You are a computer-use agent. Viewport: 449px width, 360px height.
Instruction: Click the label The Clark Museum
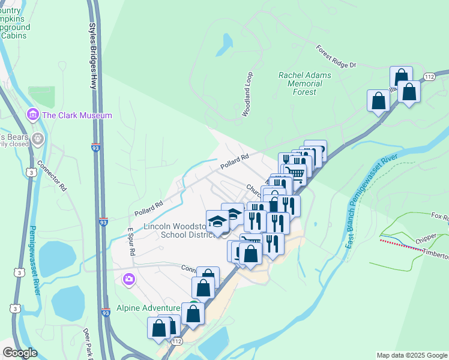[77, 115]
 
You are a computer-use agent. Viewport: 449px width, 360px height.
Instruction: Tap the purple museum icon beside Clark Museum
[33, 115]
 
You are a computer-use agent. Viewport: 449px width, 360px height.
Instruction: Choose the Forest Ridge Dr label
[336, 56]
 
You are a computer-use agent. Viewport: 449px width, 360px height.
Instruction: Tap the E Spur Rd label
[130, 241]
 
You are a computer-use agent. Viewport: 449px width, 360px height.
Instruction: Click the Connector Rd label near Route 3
[51, 175]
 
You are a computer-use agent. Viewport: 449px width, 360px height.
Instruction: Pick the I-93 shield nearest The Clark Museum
[96, 146]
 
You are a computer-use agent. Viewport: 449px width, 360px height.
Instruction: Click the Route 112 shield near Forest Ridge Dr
[429, 77]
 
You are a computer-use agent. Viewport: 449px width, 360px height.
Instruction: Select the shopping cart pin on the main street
[296, 173]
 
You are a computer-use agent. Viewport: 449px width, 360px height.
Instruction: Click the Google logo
[20, 353]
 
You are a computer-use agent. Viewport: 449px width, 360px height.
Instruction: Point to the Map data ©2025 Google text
[412, 355]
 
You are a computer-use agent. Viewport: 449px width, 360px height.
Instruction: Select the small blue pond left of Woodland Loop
[227, 43]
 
